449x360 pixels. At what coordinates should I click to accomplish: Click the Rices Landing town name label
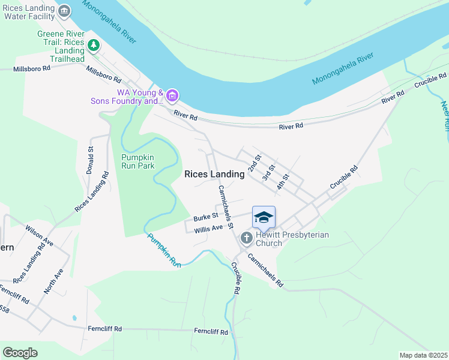click(214, 174)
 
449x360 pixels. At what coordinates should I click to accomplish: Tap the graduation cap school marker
click(264, 217)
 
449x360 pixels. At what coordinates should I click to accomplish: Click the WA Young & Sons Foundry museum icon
click(172, 95)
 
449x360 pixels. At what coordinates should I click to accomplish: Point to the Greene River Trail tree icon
click(93, 44)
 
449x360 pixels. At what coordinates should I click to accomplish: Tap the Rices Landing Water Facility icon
click(64, 11)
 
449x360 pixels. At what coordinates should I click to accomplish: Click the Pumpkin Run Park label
click(138, 161)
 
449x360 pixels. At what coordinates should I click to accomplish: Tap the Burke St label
click(204, 217)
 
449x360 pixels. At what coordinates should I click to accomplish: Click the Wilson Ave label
click(39, 235)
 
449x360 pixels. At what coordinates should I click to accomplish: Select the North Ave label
click(53, 281)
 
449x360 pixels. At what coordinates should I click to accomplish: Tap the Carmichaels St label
click(225, 207)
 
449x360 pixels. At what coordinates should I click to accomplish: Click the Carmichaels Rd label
click(264, 270)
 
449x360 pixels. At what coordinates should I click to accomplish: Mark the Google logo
click(20, 353)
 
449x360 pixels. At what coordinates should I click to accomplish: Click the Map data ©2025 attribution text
click(423, 355)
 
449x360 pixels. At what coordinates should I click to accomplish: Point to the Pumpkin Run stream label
click(164, 249)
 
